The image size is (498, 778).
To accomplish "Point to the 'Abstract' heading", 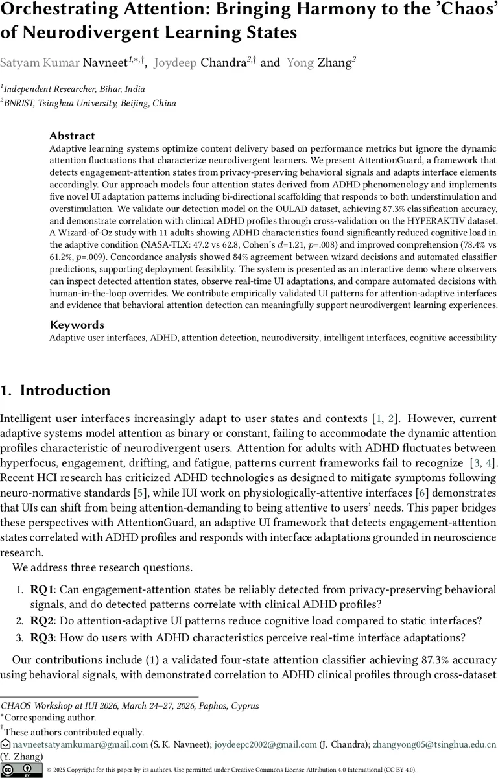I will click(72, 136).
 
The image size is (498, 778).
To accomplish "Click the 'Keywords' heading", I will click(77, 325).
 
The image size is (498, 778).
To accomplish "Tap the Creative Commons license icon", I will click(20, 770).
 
